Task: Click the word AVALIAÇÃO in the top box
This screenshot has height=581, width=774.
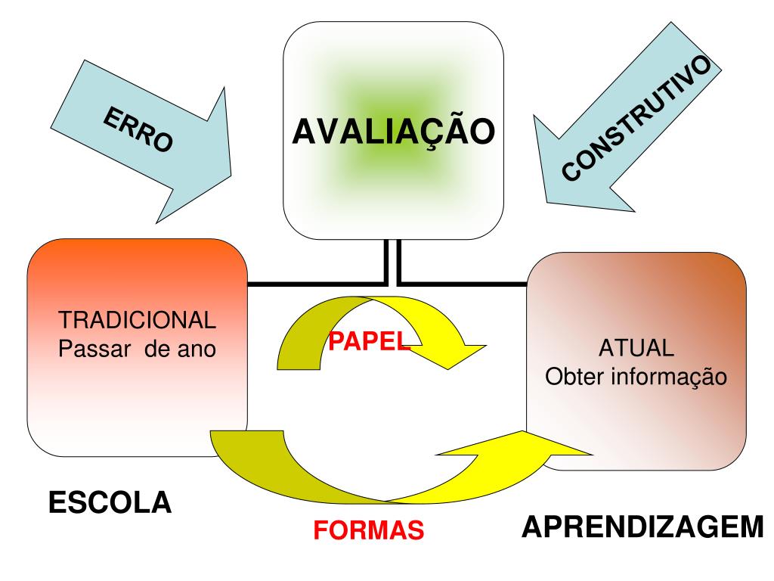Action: point(394,132)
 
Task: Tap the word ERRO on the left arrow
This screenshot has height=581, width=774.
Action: point(137,131)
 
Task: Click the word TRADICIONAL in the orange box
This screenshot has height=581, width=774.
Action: point(138,320)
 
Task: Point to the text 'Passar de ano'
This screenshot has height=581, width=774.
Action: point(138,349)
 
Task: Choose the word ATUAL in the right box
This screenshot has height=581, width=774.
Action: point(636,349)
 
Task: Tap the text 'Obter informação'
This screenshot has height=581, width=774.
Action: point(636,376)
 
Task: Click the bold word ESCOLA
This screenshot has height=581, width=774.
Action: point(110,502)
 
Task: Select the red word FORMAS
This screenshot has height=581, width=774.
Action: point(369,530)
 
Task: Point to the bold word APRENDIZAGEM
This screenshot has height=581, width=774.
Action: point(642,527)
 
